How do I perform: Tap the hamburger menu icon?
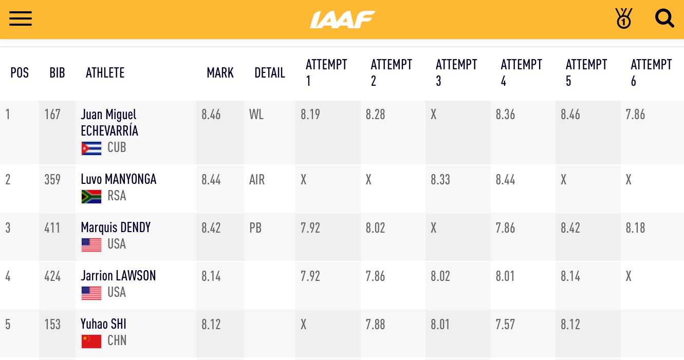[21, 19]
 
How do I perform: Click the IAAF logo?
[342, 20]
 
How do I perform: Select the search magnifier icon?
[664, 19]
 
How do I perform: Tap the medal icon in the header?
[623, 18]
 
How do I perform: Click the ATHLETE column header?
[105, 73]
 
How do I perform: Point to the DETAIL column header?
[269, 73]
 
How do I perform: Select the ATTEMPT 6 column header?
[651, 72]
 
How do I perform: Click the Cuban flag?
[91, 148]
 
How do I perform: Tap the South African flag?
[91, 196]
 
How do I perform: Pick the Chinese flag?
[91, 341]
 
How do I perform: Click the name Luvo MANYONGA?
[119, 179]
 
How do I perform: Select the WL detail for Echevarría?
[256, 115]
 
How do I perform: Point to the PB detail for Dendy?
[255, 228]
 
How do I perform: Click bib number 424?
[52, 276]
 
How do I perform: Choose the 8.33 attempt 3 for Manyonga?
[440, 180]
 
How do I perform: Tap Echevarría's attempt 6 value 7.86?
[635, 115]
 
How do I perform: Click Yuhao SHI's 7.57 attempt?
[505, 325]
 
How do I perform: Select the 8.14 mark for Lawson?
[211, 276]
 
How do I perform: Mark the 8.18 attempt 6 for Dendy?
[635, 228]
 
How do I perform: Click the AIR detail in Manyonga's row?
[257, 179]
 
